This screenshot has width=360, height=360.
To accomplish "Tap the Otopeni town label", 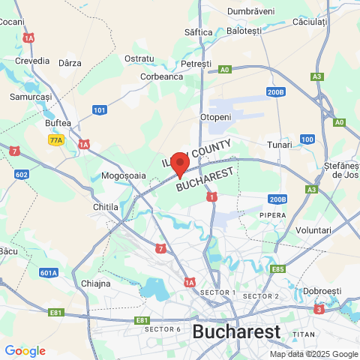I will pyautogui.click(x=215, y=118).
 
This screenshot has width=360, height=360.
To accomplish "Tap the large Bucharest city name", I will pyautogui.click(x=236, y=331).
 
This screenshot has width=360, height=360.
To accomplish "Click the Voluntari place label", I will pyautogui.click(x=313, y=229).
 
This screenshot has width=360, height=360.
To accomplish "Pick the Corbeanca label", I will pyautogui.click(x=162, y=76).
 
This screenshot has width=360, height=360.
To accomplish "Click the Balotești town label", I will pyautogui.click(x=244, y=31).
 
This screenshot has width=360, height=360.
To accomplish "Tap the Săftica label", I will pyautogui.click(x=199, y=31).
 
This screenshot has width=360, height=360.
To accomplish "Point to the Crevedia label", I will pyautogui.click(x=31, y=61).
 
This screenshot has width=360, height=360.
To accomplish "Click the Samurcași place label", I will pyautogui.click(x=31, y=97).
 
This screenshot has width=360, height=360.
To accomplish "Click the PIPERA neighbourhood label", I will pyautogui.click(x=273, y=215).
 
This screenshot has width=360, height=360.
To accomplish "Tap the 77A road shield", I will pyautogui.click(x=55, y=140).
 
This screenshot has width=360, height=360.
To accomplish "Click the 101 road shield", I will pyautogui.click(x=100, y=110).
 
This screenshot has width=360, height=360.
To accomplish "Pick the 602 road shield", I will pyautogui.click(x=22, y=175).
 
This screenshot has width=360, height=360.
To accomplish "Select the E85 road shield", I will pyautogui.click(x=278, y=268).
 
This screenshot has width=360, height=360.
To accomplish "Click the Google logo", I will pyautogui.click(x=25, y=351).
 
